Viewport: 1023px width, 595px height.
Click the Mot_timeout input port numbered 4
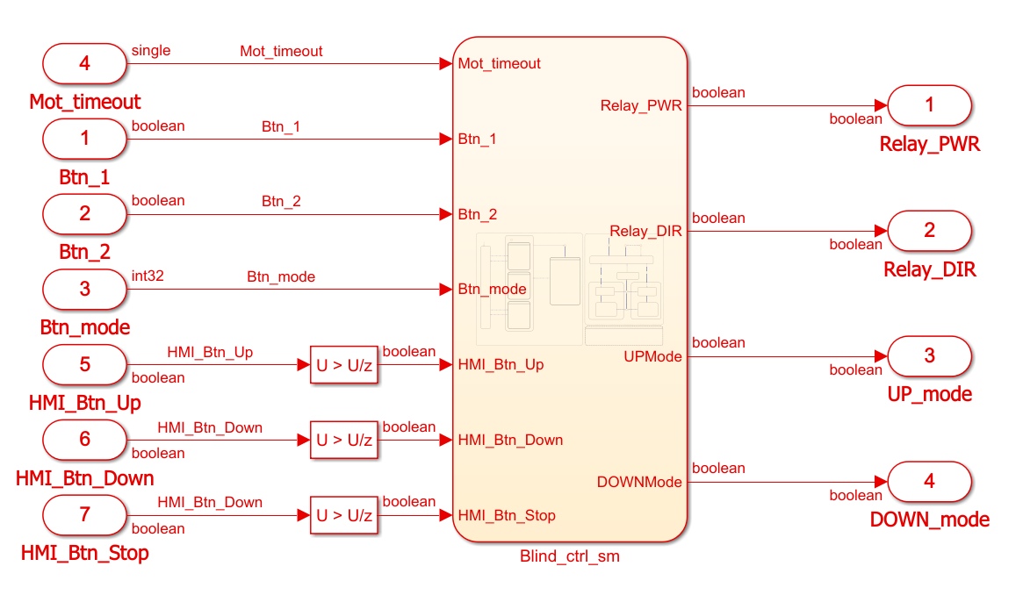84,63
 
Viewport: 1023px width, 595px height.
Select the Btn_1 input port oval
84,138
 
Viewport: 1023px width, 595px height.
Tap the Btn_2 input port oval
84,213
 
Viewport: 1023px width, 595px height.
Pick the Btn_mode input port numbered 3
84,289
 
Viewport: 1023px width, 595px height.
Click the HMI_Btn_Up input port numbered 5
84,364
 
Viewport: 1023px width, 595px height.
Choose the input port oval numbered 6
84,440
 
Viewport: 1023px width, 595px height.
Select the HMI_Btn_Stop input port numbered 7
84,515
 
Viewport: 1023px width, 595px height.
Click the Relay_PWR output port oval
930,105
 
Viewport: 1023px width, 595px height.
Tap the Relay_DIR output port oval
930,230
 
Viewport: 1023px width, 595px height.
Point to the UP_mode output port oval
930,355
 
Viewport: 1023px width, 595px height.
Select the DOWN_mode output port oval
930,482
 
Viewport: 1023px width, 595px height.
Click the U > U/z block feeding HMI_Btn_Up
344,365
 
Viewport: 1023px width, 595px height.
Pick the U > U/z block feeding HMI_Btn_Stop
344,515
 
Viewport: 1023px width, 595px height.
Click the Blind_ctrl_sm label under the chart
570,556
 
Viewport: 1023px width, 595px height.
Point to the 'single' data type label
151,50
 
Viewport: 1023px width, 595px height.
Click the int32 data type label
148,276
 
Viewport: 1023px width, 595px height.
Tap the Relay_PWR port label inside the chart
641,105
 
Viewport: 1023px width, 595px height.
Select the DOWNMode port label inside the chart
639,482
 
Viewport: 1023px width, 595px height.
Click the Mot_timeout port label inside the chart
499,63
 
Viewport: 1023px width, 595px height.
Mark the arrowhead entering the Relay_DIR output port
881,231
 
